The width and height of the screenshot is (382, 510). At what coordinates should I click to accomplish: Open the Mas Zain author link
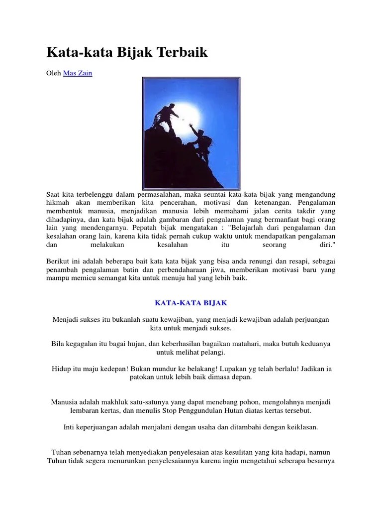click(78, 73)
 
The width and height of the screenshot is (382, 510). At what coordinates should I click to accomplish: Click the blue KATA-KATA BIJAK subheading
click(191, 302)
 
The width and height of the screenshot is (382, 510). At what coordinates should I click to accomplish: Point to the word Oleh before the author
click(54, 73)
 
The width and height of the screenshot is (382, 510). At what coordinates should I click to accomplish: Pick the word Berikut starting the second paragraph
click(59, 261)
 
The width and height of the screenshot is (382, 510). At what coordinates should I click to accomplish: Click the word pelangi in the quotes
click(212, 353)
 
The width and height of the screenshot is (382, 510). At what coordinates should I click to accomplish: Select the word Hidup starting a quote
click(61, 369)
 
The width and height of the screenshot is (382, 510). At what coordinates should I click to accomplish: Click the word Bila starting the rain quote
click(58, 344)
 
